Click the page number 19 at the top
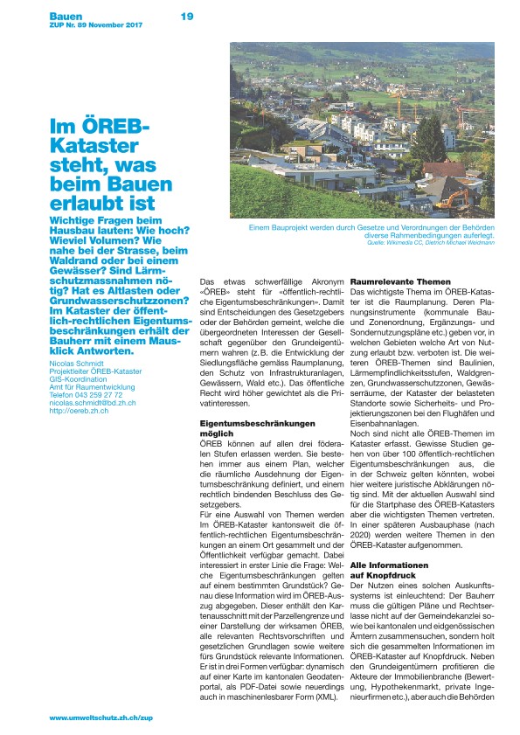187,16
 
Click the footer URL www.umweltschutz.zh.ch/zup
101,716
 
